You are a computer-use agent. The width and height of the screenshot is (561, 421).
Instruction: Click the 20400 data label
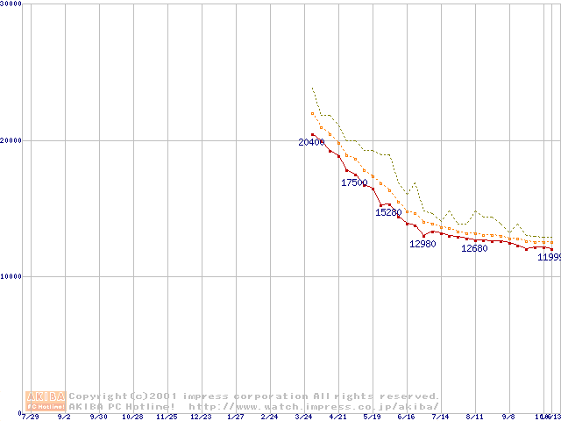pos(311,142)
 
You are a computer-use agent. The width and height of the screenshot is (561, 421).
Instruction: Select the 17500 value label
pos(354,182)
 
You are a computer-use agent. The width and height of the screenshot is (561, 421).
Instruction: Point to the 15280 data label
pos(388,212)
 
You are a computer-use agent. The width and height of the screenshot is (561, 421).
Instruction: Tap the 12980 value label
pos(423,244)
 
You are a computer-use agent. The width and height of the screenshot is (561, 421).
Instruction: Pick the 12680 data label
pos(474,248)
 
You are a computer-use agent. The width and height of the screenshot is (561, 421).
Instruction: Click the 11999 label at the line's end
pos(549,257)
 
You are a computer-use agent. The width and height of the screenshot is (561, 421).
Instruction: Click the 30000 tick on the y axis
pos(11,4)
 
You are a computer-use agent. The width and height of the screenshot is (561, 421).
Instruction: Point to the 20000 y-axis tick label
pos(11,140)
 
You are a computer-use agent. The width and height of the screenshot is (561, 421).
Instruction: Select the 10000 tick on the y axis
pos(11,276)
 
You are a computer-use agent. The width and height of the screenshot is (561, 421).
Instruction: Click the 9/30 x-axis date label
pos(98,417)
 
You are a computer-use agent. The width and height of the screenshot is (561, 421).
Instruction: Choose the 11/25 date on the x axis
pos(167,417)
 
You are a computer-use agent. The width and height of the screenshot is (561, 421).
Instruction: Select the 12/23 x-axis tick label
pos(201,417)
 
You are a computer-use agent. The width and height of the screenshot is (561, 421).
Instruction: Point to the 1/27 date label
pos(235,417)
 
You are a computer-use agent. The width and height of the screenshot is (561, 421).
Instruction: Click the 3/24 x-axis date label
pos(303,417)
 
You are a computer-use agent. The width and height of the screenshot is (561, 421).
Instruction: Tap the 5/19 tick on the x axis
pos(372,417)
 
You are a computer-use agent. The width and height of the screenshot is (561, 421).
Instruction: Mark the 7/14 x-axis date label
pos(440,417)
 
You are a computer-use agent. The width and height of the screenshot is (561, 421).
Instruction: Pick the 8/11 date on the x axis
pos(474,417)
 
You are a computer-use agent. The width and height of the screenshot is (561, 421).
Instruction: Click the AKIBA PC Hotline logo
pos(45,401)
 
